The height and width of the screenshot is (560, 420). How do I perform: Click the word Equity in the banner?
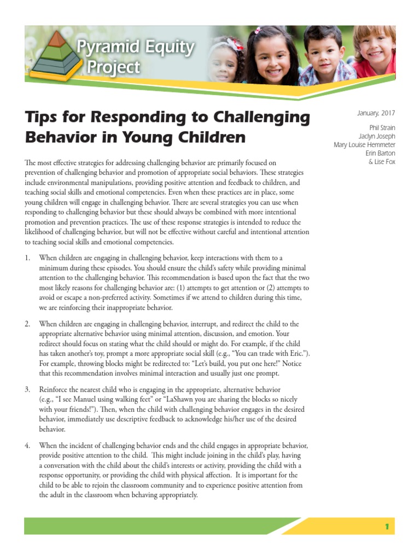163,49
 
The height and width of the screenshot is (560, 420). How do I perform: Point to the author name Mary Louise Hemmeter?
364,145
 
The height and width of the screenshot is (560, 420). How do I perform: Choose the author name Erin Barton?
380,154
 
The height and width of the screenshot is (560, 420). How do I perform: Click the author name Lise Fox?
382,162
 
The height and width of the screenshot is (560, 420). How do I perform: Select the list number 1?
28,258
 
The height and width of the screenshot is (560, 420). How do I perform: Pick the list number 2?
28,324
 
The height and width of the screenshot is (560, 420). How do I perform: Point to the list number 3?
28,389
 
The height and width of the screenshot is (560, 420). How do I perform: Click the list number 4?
28,446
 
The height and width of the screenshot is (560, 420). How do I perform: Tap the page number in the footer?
387,527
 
